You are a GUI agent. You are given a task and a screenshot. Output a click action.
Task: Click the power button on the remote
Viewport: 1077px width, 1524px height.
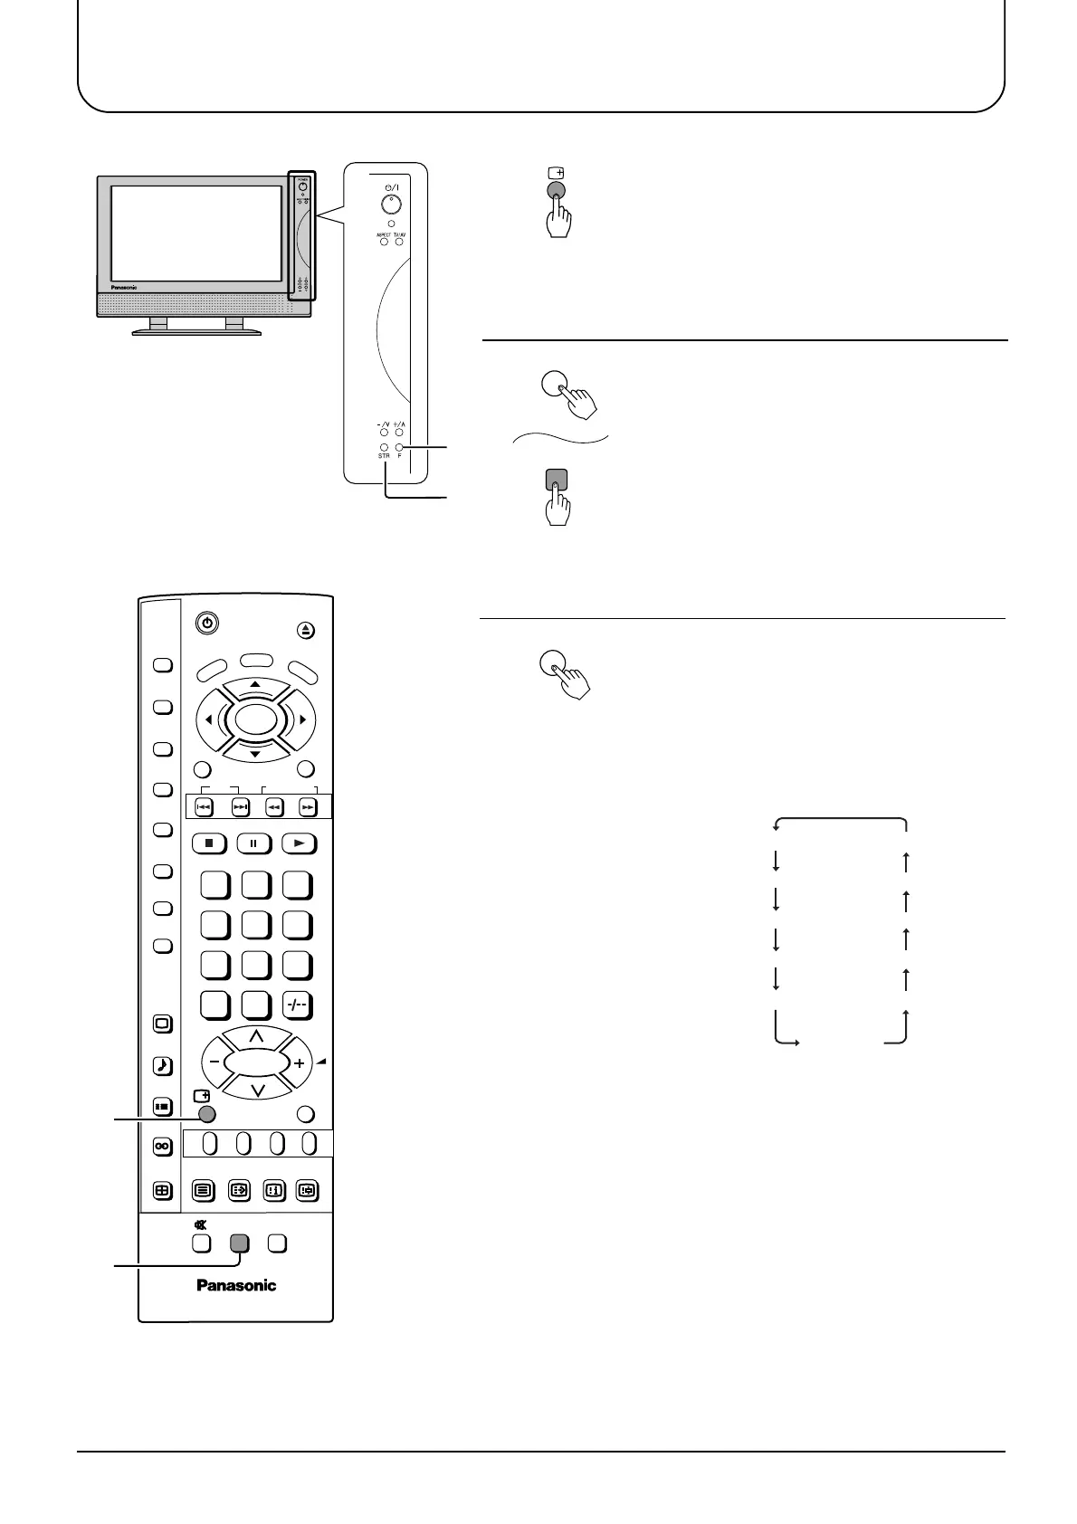(207, 623)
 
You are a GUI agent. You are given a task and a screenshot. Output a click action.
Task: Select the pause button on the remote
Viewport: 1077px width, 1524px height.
(254, 843)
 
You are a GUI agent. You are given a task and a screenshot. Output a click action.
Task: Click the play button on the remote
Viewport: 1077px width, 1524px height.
(299, 843)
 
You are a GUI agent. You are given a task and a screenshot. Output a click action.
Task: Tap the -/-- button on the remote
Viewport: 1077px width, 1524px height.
(297, 1005)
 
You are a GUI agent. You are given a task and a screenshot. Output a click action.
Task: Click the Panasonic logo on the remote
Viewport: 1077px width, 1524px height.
(236, 1285)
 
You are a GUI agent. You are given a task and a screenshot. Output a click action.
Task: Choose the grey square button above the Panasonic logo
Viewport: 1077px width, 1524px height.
(239, 1243)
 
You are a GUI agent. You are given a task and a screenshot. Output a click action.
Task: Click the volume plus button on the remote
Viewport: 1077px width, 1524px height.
(299, 1063)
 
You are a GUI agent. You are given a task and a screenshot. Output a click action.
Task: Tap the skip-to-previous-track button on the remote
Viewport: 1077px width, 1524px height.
(205, 807)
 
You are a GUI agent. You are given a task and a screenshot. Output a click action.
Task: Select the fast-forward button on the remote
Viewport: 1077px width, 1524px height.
(308, 807)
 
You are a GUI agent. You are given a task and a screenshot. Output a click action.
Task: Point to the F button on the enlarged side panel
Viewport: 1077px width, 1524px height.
(399, 447)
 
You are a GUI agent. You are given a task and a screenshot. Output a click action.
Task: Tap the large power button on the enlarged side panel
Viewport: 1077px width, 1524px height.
(390, 203)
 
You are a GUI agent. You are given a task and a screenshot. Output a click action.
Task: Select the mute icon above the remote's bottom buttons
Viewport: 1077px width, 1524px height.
(199, 1224)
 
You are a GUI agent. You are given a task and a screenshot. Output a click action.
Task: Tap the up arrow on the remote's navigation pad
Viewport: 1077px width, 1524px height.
(255, 685)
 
